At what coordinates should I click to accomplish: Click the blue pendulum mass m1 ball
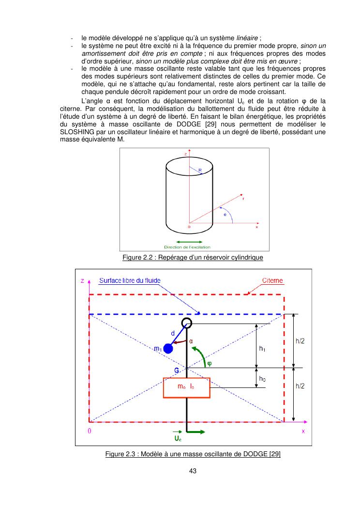point(168,348)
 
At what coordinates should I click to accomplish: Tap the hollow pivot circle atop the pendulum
point(187,323)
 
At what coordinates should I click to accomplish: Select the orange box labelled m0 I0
point(186,387)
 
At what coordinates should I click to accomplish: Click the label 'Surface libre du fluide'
point(130,281)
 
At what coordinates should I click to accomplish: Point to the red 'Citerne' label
point(273,281)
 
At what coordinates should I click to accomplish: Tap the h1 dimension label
point(262,348)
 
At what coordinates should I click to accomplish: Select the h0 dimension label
point(262,378)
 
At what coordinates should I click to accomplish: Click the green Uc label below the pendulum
point(178,438)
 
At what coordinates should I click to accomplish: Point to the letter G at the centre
point(177,371)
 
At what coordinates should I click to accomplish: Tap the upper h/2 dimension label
point(300,341)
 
